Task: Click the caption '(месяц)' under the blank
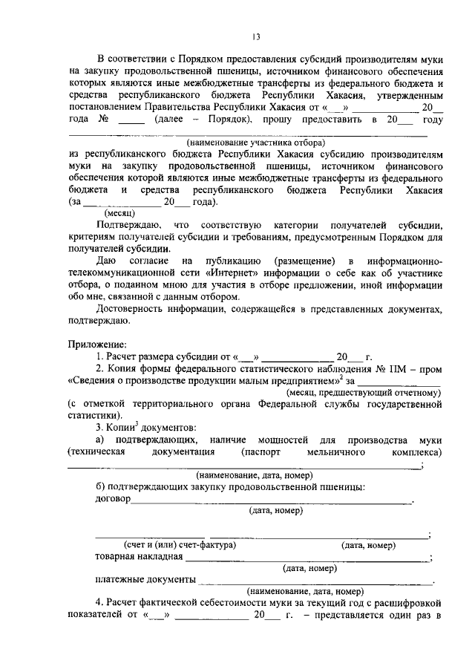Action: pyautogui.click(x=118, y=212)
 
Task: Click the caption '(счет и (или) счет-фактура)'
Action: pyautogui.click(x=180, y=544)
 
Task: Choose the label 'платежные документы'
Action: pyautogui.click(x=145, y=580)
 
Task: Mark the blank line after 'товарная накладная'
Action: pyautogui.click(x=306, y=559)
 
